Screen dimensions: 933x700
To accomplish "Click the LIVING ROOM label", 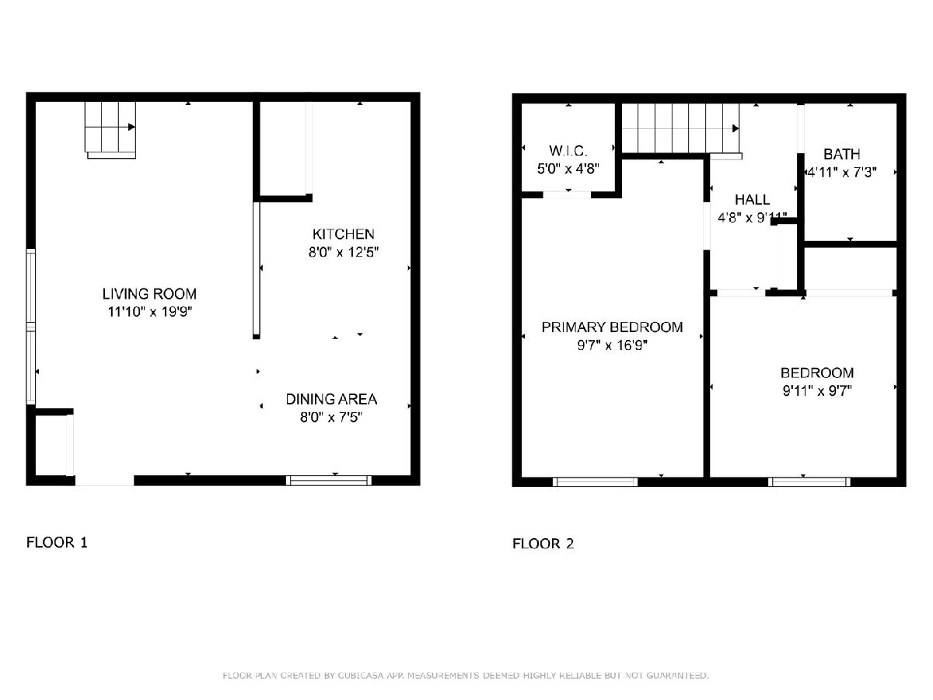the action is pyautogui.click(x=149, y=294).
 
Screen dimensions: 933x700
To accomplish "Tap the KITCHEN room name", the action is pyautogui.click(x=344, y=234).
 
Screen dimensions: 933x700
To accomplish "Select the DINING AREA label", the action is pyautogui.click(x=331, y=399).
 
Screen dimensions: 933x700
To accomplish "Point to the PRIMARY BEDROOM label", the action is pyautogui.click(x=612, y=327).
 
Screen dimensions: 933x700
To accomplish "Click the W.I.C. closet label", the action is pyautogui.click(x=568, y=150).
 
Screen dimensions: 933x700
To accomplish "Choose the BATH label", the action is pyautogui.click(x=841, y=154).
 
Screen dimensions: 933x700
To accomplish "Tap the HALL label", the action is pyautogui.click(x=752, y=199).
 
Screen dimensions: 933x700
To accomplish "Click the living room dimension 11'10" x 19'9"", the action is pyautogui.click(x=149, y=312).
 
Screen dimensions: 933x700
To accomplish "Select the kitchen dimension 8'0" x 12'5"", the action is pyautogui.click(x=344, y=252).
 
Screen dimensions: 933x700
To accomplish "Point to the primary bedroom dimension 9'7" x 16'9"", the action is pyautogui.click(x=612, y=345).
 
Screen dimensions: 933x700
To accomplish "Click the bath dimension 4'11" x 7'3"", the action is pyautogui.click(x=841, y=172).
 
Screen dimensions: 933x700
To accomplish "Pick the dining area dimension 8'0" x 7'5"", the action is pyautogui.click(x=331, y=417).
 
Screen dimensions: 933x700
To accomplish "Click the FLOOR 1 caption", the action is pyautogui.click(x=57, y=542).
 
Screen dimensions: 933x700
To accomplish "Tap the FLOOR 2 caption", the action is pyautogui.click(x=543, y=544).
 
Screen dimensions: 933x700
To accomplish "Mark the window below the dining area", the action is pyautogui.click(x=329, y=480).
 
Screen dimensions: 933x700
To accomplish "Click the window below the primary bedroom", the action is pyautogui.click(x=595, y=481).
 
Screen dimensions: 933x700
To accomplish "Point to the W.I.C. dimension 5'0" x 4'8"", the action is pyautogui.click(x=568, y=169).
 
